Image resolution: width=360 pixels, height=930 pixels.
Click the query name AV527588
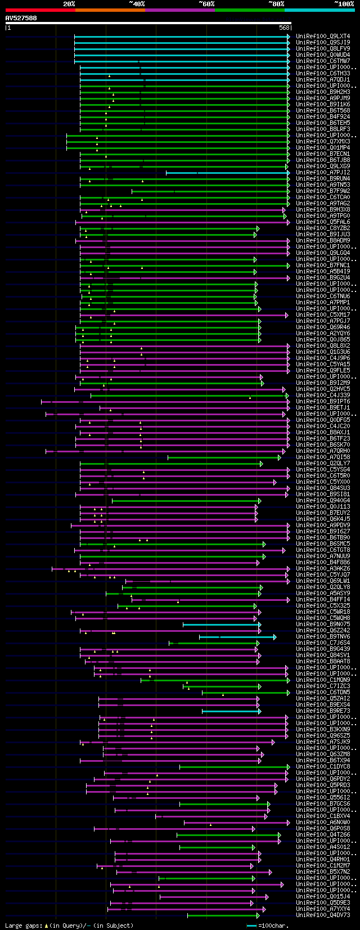point(21,18)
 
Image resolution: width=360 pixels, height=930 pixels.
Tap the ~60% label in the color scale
point(206,4)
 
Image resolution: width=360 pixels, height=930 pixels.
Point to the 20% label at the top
point(69,4)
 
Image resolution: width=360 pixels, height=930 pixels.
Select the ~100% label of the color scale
point(344,4)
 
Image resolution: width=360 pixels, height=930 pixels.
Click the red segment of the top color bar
point(40,10)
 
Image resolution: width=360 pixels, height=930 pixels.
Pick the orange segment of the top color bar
point(110,10)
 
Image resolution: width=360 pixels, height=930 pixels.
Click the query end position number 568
point(284,28)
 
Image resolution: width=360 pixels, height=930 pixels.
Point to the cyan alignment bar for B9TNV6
point(236,637)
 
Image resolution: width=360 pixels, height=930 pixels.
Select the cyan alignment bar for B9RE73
point(230,711)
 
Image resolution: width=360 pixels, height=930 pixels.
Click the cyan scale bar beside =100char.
point(251,925)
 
